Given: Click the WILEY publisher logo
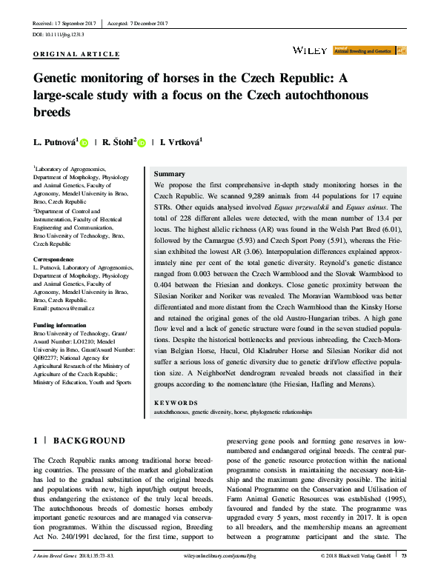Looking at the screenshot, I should (311, 50).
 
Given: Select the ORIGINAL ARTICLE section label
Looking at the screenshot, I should (77, 54).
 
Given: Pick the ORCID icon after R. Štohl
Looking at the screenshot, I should (144, 143).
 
